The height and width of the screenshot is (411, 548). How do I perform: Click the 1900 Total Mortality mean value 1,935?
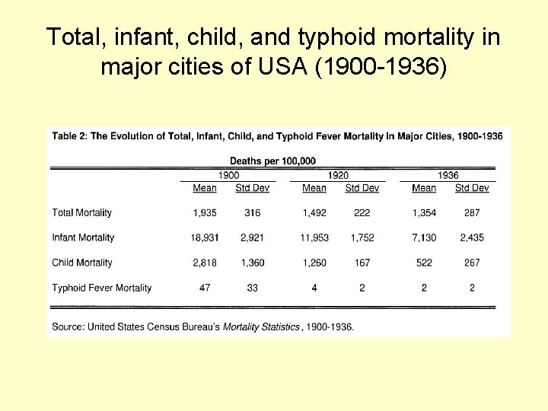coord(204,213)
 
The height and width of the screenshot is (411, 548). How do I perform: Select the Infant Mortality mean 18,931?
coord(204,238)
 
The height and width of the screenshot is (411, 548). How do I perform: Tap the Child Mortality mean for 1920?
coord(314,263)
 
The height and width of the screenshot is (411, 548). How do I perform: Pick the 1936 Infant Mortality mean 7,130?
coord(424,238)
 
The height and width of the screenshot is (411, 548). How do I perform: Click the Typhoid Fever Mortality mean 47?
coord(204,288)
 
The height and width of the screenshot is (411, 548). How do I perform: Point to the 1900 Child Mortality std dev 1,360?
coord(253,263)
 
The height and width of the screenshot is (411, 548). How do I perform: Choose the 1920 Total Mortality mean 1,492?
coord(314,213)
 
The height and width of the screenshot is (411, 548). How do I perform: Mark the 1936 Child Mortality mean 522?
coord(424,263)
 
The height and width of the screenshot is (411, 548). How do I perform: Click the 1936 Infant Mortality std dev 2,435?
coord(472,238)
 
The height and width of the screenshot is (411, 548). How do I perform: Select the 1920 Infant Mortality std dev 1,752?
coord(362,238)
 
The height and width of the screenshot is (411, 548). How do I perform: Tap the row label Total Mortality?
coord(81,213)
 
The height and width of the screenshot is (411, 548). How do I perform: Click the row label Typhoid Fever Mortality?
coord(101,288)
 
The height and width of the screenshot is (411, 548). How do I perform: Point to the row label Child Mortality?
coord(81,263)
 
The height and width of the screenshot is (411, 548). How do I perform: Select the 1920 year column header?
coord(338,175)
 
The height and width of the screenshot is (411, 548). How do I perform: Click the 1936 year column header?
coord(448,175)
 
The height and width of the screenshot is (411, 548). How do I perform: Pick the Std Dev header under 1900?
coord(253,188)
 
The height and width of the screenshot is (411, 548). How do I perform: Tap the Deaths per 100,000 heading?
coord(272,161)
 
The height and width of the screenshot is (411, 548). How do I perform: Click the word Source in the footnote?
coord(67,327)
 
